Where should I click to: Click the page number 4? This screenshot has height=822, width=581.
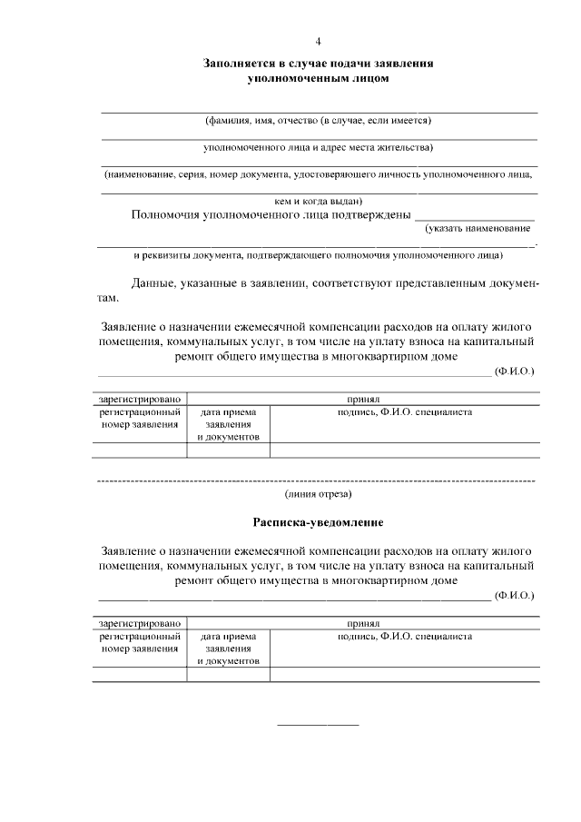pyautogui.click(x=318, y=42)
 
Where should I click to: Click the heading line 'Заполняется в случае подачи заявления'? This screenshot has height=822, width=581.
pyautogui.click(x=318, y=64)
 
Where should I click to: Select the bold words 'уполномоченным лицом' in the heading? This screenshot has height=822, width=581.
pyautogui.click(x=318, y=79)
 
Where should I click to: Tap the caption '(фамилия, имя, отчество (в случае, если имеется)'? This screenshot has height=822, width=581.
pyautogui.click(x=318, y=121)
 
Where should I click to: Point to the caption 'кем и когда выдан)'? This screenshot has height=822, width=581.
pyautogui.click(x=318, y=201)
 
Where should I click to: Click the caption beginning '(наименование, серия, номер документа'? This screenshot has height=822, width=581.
pyautogui.click(x=318, y=173)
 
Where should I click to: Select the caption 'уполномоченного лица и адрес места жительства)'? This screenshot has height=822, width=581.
pyautogui.click(x=318, y=147)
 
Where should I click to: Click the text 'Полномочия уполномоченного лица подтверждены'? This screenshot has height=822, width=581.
pyautogui.click(x=271, y=215)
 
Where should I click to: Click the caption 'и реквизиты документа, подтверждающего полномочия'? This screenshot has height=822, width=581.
pyautogui.click(x=318, y=256)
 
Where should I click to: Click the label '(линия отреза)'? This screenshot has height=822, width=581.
pyautogui.click(x=318, y=494)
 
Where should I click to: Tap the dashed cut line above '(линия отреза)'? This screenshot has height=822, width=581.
pyautogui.click(x=316, y=479)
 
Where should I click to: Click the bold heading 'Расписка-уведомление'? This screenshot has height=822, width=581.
pyautogui.click(x=318, y=523)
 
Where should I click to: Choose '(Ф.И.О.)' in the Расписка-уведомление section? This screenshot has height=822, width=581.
pyautogui.click(x=515, y=596)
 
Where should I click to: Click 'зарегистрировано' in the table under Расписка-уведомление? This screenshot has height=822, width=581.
pyautogui.click(x=139, y=624)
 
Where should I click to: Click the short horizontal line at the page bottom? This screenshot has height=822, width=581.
pyautogui.click(x=318, y=725)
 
